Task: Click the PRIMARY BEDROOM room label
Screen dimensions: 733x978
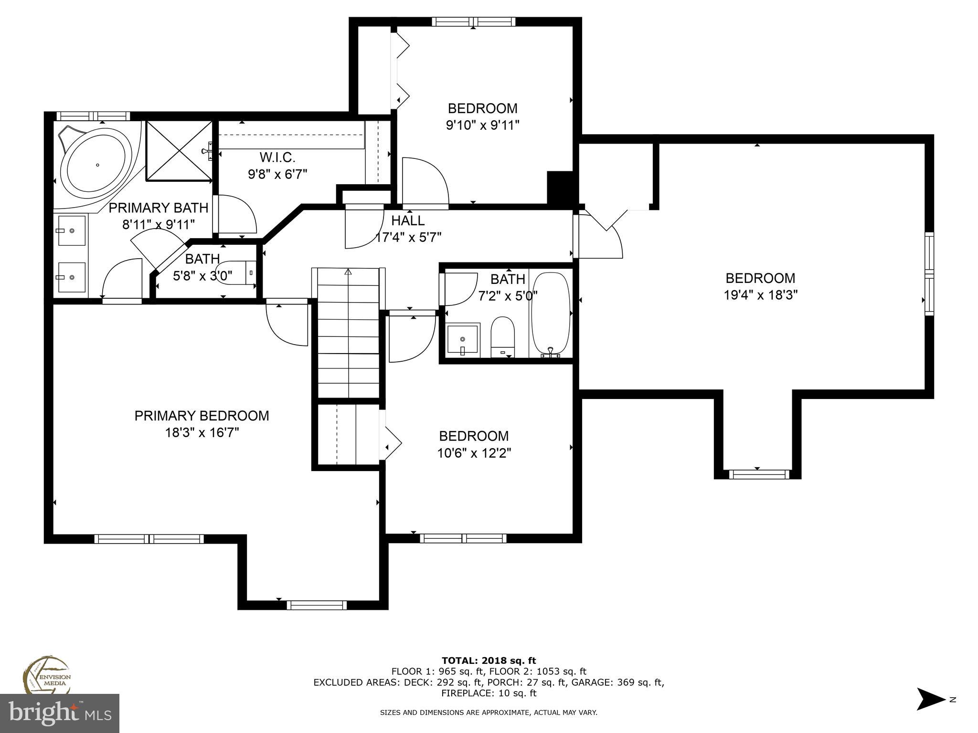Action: pos(202,416)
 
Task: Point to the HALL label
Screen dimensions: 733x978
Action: pos(408,220)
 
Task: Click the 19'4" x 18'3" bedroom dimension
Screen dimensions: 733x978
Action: pos(761,295)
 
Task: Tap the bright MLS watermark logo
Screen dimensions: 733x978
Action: pos(60,713)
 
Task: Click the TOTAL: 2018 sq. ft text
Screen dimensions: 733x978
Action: pos(489,660)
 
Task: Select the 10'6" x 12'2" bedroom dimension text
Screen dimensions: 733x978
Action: pos(474,453)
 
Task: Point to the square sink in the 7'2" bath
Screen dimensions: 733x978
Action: pos(463,339)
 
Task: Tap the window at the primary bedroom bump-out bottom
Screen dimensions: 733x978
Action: pos(317,605)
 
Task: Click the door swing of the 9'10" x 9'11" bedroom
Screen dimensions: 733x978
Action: pos(425,184)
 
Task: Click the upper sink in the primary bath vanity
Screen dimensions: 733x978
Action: pos(72,230)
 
